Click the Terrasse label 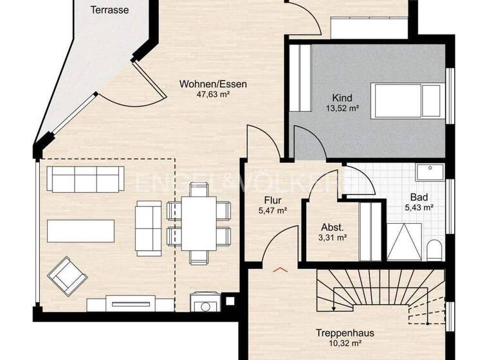tap(109, 10)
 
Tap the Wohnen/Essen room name tap(213, 84)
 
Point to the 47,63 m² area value tap(213, 94)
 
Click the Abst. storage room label tap(332, 227)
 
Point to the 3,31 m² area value tap(332, 237)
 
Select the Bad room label tap(419, 197)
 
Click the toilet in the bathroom tap(435, 249)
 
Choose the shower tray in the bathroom tap(405, 242)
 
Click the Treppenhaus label tap(345, 334)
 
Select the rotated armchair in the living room tap(66, 274)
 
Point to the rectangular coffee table tap(81, 231)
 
